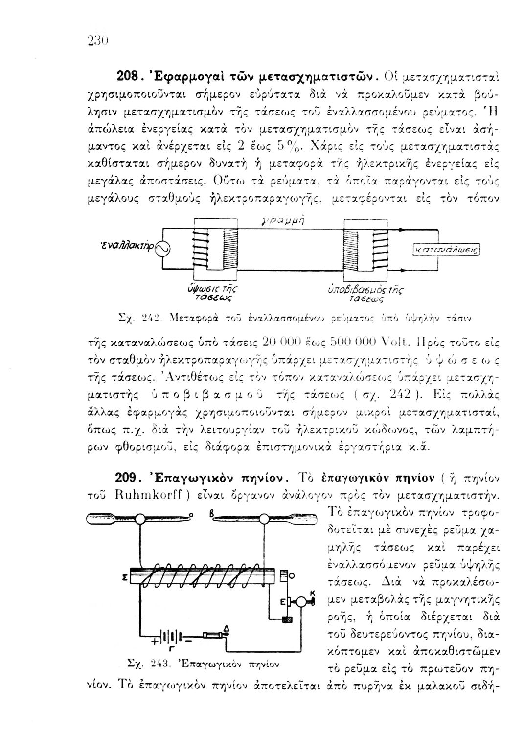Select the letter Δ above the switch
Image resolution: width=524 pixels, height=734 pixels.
coord(226,628)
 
